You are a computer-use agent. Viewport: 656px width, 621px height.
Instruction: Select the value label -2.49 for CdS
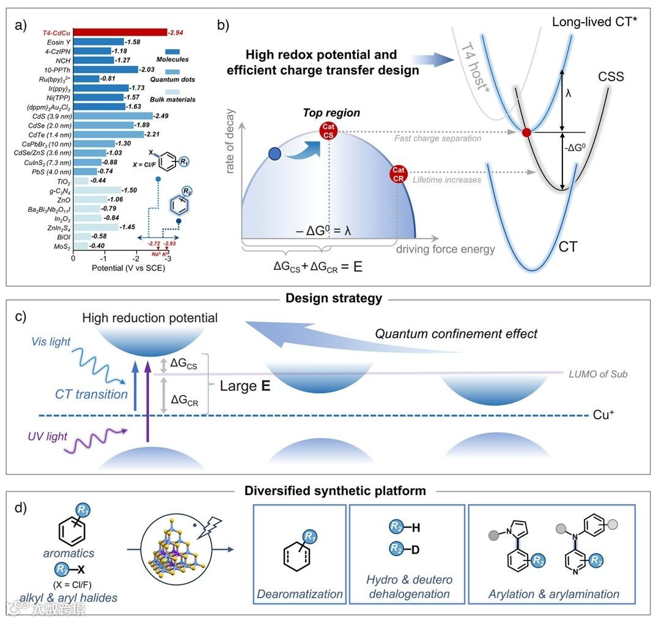pos(163,116)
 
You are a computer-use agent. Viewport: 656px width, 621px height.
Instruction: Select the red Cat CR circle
pos(399,174)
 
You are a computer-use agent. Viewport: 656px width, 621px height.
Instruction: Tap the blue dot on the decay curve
pos(275,153)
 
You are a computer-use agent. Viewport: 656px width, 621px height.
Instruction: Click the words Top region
pos(331,113)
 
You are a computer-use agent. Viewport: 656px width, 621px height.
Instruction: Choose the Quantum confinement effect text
pos(456,333)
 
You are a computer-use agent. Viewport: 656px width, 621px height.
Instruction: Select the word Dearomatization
pos(300,593)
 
